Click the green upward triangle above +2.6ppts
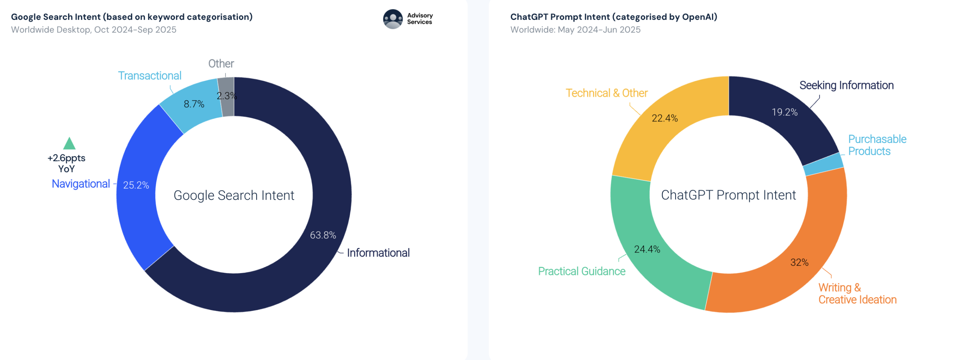[69, 144]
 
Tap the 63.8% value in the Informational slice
[322, 235]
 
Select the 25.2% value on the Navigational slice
[136, 185]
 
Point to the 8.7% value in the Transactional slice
[194, 104]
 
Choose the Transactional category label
[150, 76]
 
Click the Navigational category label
[81, 184]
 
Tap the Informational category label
[378, 253]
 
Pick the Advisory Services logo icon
[392, 19]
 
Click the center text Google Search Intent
[234, 195]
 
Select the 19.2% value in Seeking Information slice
[784, 112]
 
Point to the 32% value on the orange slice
[799, 262]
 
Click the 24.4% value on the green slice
[647, 249]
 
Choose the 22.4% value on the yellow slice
[664, 118]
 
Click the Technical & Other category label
[606, 93]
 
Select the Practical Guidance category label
[581, 271]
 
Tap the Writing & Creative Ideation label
[857, 293]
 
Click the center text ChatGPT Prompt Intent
[728, 195]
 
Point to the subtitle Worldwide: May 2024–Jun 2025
[575, 30]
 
